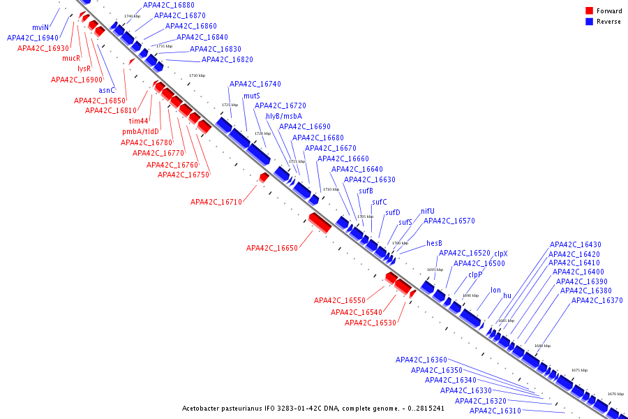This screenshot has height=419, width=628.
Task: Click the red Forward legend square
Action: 589,11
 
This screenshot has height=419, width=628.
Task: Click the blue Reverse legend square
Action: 589,22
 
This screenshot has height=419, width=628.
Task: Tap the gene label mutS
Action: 252,96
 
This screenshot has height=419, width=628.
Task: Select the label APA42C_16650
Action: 272,248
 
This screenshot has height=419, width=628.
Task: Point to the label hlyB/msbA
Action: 284,116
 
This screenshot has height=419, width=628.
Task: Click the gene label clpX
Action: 501,253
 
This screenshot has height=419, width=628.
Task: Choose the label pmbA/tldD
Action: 141,131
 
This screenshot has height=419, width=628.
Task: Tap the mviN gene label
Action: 40,27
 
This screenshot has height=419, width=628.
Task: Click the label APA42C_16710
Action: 216,202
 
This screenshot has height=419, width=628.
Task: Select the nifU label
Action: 427,211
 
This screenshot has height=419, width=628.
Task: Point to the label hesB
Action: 434,243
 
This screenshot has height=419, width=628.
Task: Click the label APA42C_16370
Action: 597,300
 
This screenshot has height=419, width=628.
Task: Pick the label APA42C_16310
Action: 495,411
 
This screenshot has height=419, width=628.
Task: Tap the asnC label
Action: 107,90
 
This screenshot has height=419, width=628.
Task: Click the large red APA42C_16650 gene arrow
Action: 320,223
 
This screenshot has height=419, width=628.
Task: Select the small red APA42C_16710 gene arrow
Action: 264,178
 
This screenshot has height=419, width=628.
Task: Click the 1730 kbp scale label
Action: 197,75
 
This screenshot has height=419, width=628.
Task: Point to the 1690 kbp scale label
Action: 471,295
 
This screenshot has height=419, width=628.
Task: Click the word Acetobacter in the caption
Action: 204,408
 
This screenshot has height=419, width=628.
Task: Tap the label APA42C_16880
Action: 169,5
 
